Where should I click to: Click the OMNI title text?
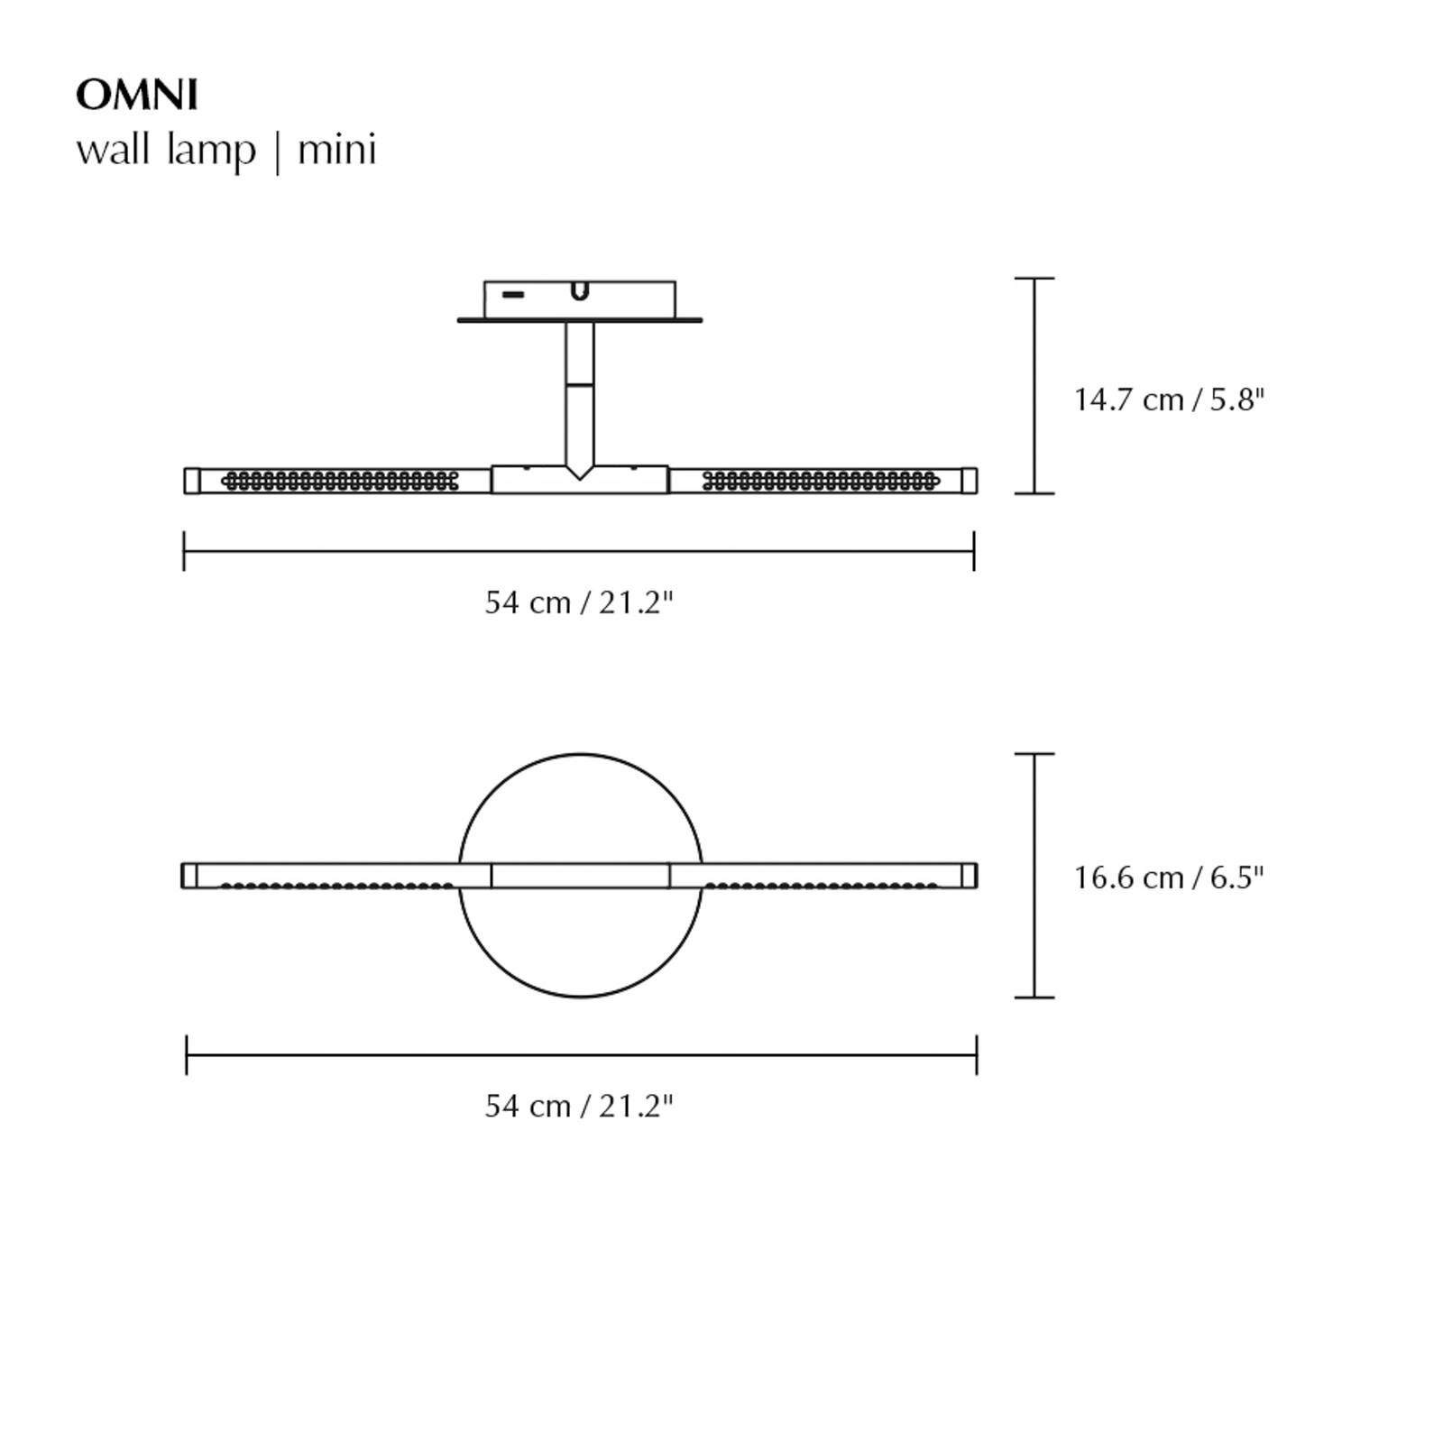tap(137, 95)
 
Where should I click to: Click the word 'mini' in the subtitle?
tap(336, 150)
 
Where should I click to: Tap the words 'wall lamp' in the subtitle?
tap(166, 150)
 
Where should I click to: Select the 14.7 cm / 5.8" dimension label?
tap(1169, 400)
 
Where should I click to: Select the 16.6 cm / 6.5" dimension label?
tap(1169, 878)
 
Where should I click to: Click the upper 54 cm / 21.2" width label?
tap(579, 602)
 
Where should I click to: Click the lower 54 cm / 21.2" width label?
tap(579, 1106)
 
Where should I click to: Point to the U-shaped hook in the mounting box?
tap(580, 292)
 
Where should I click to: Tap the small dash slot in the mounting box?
tap(513, 294)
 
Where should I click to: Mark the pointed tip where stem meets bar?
tap(580, 475)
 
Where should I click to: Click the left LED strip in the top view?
tap(340, 481)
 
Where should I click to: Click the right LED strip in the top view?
tap(821, 481)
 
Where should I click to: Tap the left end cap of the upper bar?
tap(191, 481)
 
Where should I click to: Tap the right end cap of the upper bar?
tap(969, 481)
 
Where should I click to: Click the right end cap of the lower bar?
tap(969, 876)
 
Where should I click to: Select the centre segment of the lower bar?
tap(580, 876)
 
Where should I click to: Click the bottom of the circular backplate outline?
tap(580, 997)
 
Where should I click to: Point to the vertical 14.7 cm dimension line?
tap(1034, 386)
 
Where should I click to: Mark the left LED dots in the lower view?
tap(338, 886)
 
